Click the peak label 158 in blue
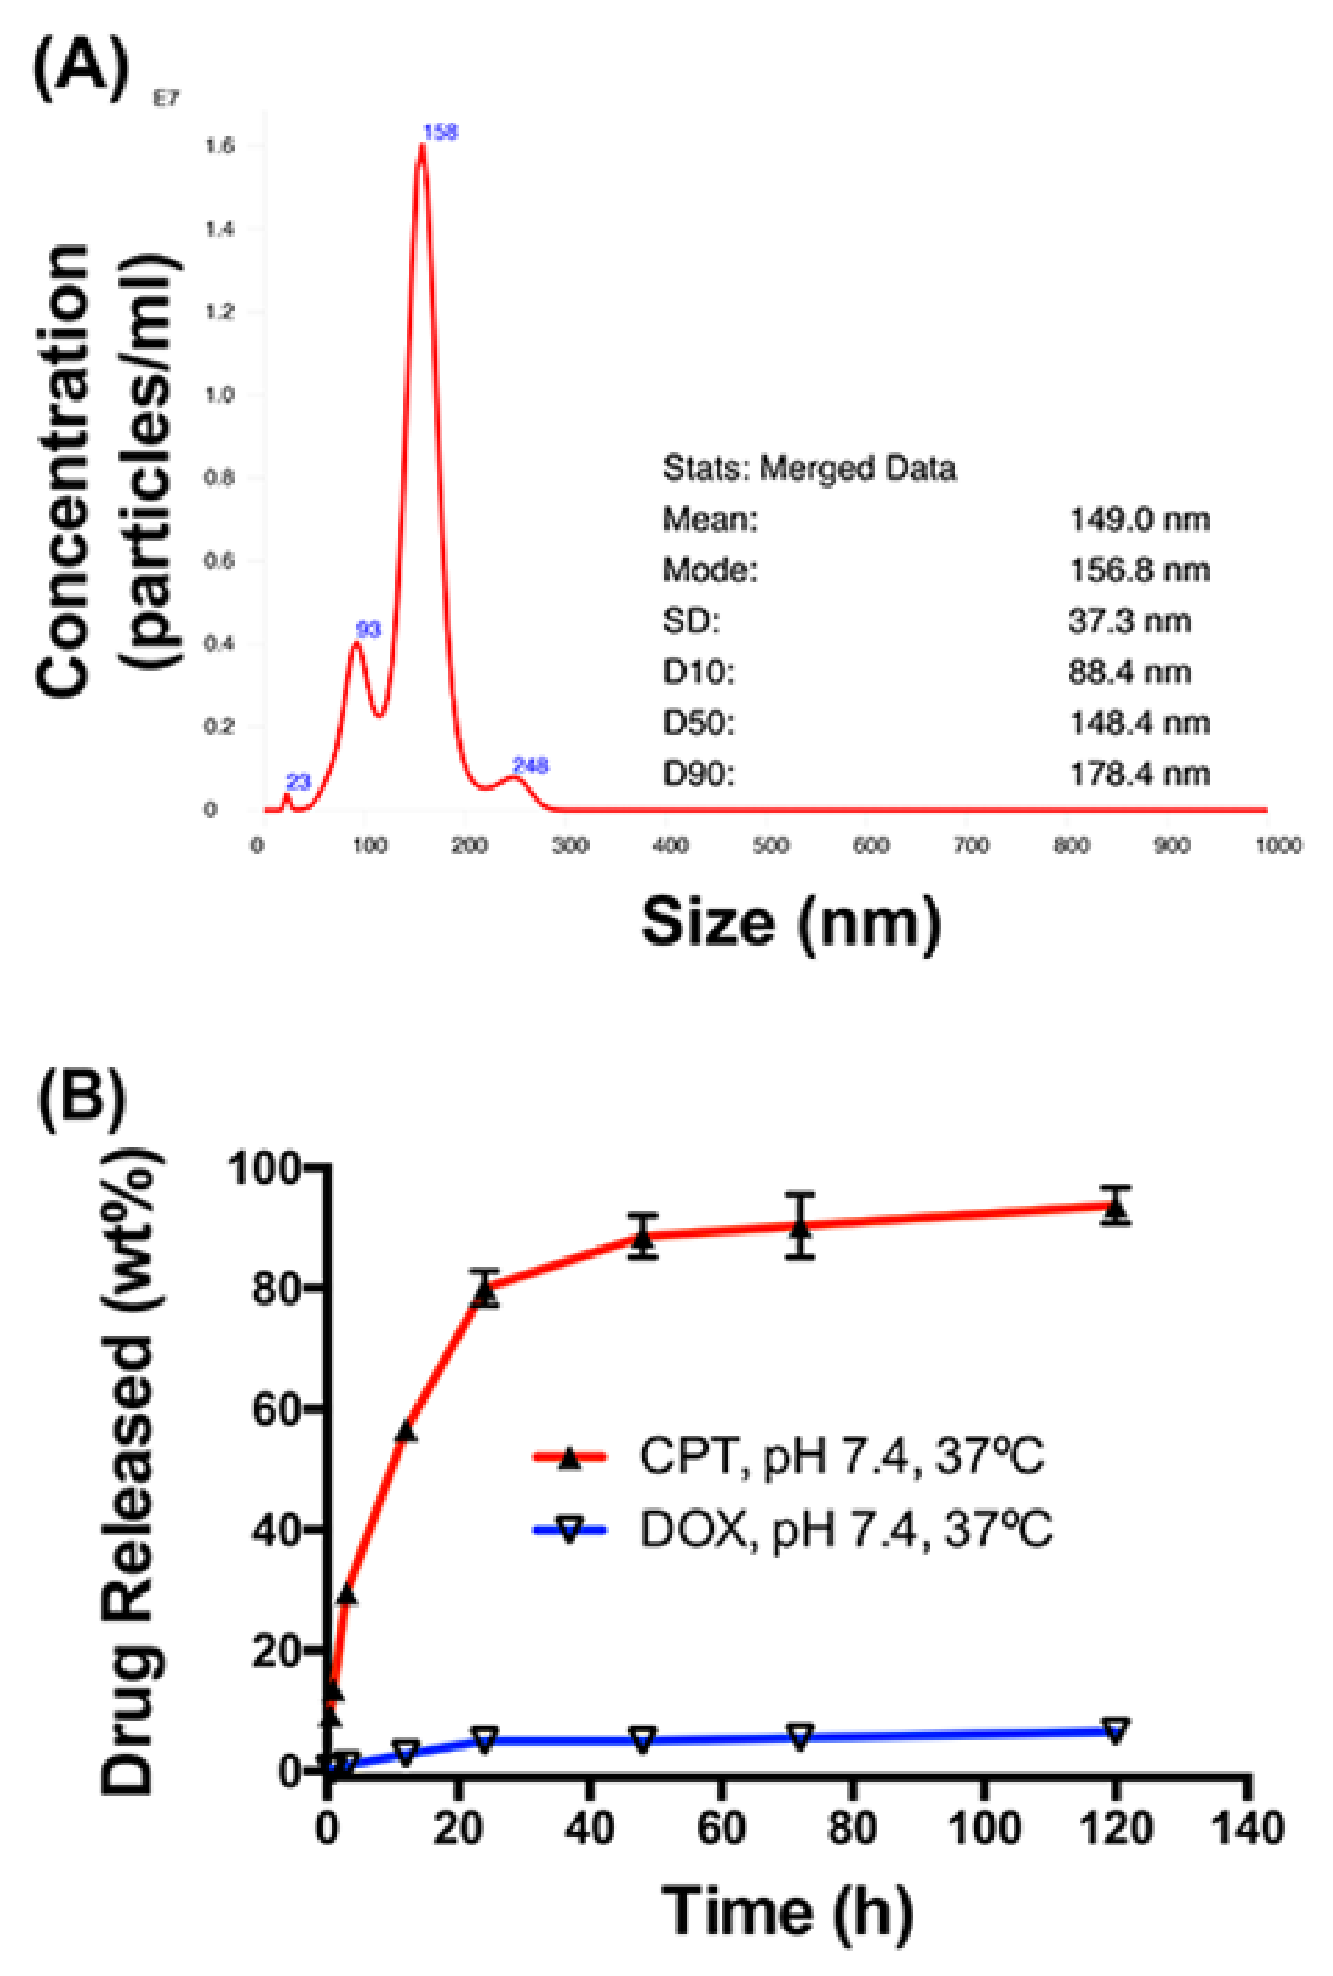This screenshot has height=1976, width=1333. (x=440, y=132)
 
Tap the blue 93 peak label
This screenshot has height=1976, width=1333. (x=368, y=630)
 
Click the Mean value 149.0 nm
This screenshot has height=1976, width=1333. (x=1139, y=519)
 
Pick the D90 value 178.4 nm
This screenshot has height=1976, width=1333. (x=1139, y=774)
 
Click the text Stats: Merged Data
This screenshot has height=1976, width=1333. (x=809, y=468)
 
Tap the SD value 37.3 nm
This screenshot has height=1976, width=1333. (x=1129, y=621)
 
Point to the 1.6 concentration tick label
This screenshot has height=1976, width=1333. (x=219, y=146)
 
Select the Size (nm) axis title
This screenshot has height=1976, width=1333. (x=791, y=923)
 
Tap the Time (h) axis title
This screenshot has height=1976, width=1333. (x=786, y=1911)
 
